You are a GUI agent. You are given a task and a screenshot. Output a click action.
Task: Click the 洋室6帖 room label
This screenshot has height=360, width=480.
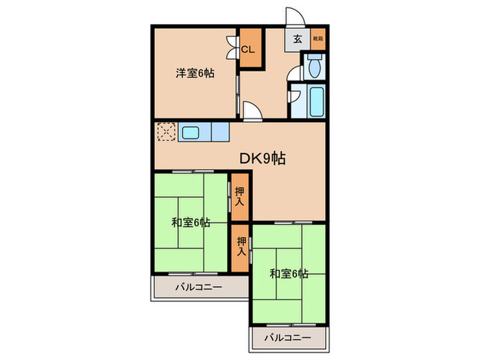pyautogui.click(x=195, y=73)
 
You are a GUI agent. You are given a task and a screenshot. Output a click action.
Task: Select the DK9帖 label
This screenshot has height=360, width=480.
pyautogui.click(x=263, y=158)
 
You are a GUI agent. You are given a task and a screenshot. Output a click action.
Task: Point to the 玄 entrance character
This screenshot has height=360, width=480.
pyautogui.click(x=298, y=39)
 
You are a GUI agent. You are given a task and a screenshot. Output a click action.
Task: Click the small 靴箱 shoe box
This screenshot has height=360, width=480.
pyautogui.click(x=318, y=38)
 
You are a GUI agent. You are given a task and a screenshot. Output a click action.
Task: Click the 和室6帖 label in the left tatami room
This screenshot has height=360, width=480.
pyautogui.click(x=190, y=222)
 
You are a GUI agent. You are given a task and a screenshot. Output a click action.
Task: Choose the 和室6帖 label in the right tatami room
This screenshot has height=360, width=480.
pyautogui.click(x=288, y=274)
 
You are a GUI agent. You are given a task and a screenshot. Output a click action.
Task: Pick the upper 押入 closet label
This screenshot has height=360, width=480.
pyautogui.click(x=239, y=197)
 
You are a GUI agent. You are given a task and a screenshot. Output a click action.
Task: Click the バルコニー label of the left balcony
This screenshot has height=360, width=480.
pyautogui.click(x=198, y=287)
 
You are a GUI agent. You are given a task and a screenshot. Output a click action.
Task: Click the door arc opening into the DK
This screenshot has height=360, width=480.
pyautogui.click(x=250, y=110)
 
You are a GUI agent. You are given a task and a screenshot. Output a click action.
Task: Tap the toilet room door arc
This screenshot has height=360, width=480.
pyautogui.click(x=293, y=73)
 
